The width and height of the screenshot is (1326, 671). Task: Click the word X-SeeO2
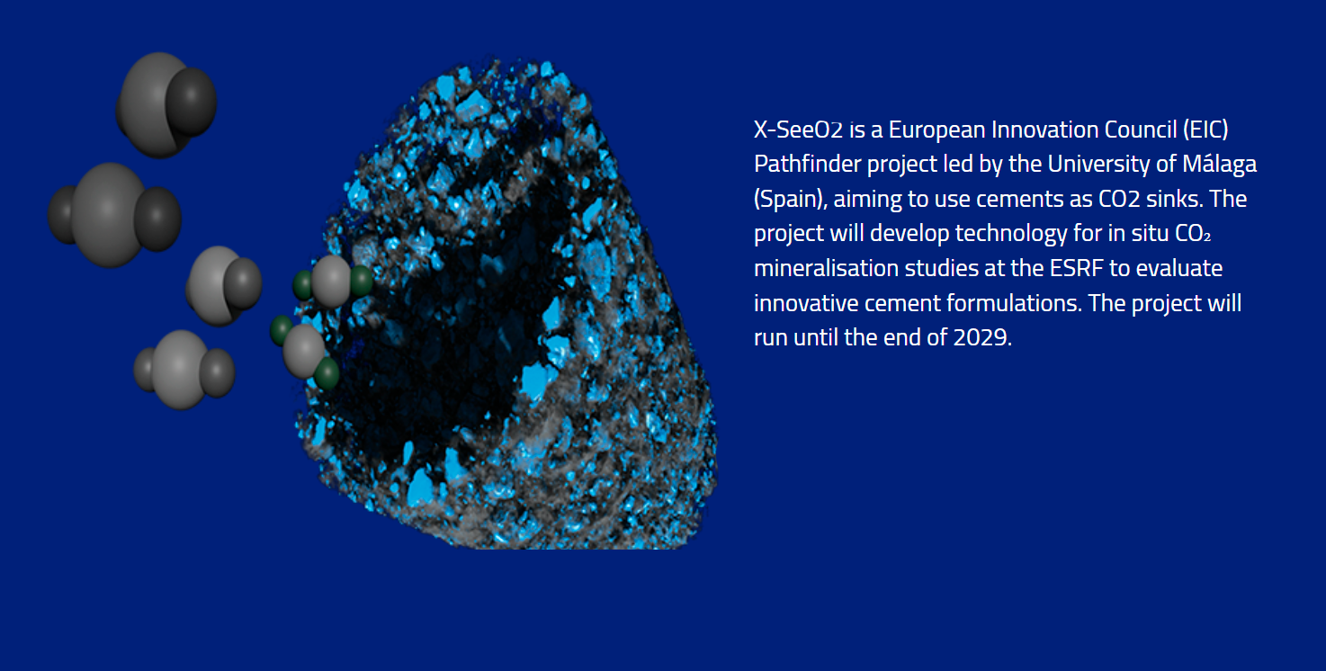798,130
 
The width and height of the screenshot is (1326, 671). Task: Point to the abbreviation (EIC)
1205,130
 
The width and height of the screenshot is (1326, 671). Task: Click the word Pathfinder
808,164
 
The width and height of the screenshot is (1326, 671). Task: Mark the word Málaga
1219,164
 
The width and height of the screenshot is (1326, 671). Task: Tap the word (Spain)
790,199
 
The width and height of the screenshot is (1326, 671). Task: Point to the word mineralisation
826,268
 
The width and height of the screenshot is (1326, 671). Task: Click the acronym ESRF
1076,268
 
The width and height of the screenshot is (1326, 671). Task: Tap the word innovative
806,303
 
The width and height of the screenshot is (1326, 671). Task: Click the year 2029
982,337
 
